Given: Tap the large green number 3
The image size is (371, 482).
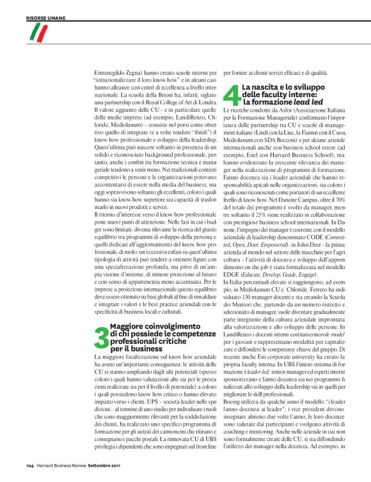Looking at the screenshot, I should point(100,341).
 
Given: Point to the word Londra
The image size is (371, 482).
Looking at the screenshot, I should point(205,95).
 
